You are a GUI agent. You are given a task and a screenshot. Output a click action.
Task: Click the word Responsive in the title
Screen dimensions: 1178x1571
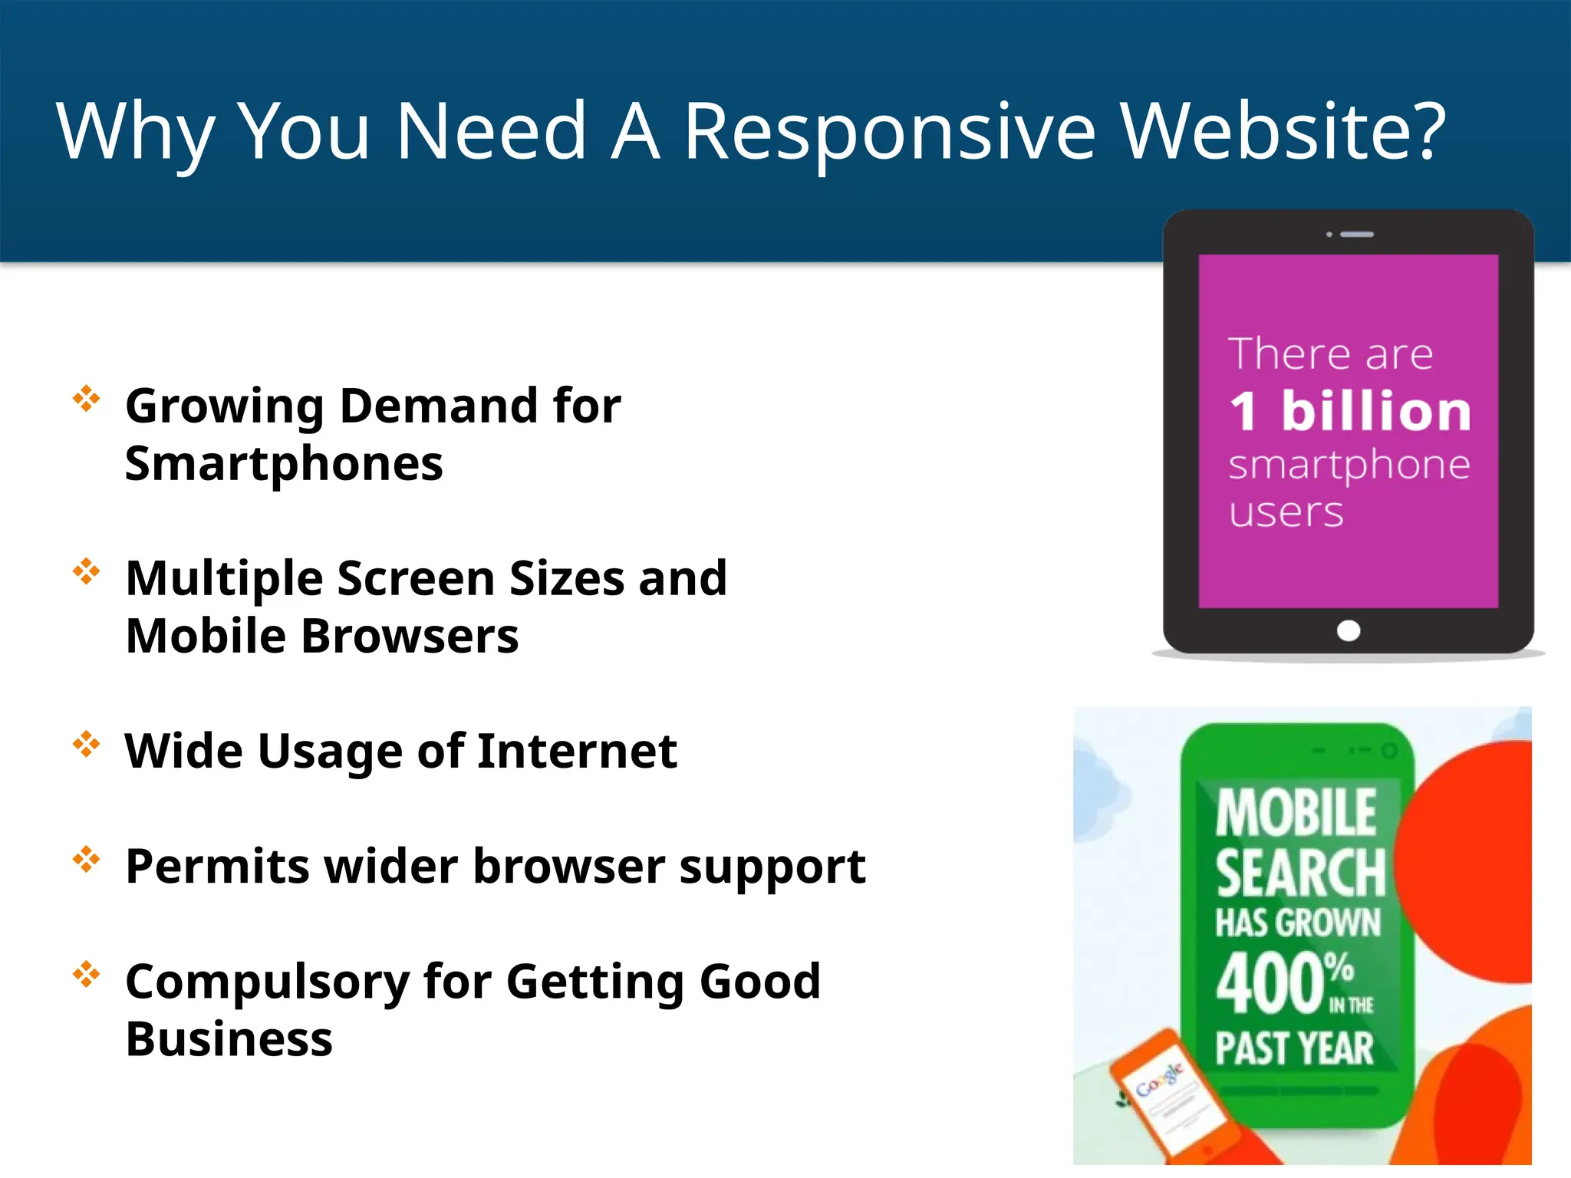point(890,132)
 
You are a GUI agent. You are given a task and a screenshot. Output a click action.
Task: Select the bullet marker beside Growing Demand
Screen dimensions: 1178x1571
point(87,399)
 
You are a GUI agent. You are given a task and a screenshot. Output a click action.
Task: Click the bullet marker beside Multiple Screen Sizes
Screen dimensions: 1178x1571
point(87,571)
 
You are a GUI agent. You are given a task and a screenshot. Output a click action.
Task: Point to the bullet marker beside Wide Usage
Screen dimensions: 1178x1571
point(87,744)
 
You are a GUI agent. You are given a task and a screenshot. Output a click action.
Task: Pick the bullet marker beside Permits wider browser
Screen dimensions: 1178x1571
point(87,859)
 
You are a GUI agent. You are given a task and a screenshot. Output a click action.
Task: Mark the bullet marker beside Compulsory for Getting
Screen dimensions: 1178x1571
point(87,974)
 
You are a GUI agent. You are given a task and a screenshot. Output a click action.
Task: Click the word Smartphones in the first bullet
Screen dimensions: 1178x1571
point(284,465)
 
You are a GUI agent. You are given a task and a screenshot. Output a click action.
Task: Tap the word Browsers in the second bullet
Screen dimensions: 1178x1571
point(410,637)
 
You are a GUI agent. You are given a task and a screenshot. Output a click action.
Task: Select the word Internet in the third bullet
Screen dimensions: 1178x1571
point(577,751)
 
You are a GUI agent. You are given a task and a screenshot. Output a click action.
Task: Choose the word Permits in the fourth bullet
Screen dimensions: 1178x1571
point(217,867)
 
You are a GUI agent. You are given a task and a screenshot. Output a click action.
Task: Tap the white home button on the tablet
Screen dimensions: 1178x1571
point(1348,630)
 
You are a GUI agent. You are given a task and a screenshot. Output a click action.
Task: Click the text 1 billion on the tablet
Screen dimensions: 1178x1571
point(1350,411)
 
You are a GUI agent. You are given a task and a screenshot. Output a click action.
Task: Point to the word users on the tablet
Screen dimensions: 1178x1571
point(1286,512)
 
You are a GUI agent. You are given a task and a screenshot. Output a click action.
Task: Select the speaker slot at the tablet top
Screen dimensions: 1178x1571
point(1356,234)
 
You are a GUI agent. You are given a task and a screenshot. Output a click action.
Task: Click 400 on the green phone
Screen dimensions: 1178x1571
point(1270,984)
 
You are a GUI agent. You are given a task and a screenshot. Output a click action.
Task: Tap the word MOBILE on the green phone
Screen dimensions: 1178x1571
point(1296,813)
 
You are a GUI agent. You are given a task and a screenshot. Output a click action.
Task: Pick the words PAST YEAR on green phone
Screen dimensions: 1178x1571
point(1295,1048)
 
